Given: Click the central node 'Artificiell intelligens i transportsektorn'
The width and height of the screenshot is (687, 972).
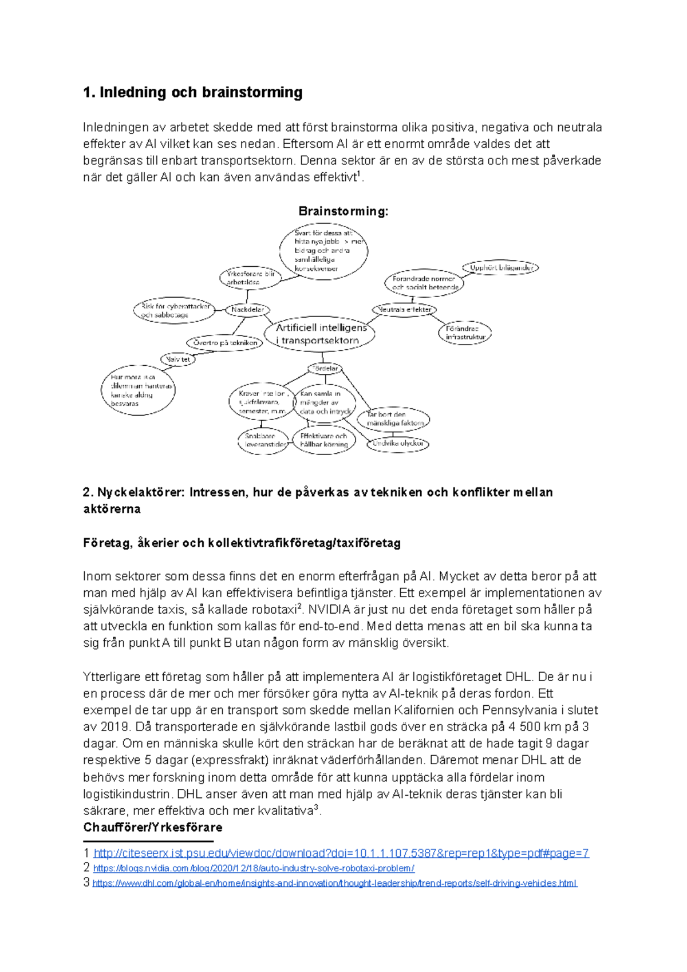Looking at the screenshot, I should tap(320, 334).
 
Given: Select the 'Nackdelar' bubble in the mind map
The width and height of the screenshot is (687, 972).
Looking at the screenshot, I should tap(247, 310).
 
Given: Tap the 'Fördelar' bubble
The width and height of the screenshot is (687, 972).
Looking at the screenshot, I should tap(325, 369).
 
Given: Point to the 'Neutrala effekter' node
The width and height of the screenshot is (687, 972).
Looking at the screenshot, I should tap(405, 310).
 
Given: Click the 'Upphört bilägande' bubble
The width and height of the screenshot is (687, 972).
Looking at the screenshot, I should tap(501, 267).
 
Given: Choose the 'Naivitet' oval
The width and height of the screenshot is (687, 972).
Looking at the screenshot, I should tap(177, 359).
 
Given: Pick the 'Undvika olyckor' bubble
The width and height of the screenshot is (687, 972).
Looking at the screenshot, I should tap(398, 443).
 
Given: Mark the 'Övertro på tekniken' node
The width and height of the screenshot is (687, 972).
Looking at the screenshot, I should tap(224, 343).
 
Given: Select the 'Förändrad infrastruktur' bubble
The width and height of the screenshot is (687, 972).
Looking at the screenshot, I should tap(465, 333).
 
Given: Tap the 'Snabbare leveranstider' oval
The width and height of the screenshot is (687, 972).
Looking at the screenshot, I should tap(263, 440).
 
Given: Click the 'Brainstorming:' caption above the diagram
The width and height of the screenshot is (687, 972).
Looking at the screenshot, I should tap(343, 211).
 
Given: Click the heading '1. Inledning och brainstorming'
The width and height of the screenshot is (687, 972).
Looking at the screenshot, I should tap(193, 92).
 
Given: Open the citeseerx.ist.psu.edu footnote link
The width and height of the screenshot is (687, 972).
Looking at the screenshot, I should tap(341, 854).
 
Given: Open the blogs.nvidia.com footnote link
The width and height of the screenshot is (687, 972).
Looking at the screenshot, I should tap(254, 868).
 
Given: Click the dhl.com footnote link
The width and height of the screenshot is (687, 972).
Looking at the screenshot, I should tap(334, 883).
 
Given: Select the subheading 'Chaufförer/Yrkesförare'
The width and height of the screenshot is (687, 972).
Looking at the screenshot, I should tap(152, 827).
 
